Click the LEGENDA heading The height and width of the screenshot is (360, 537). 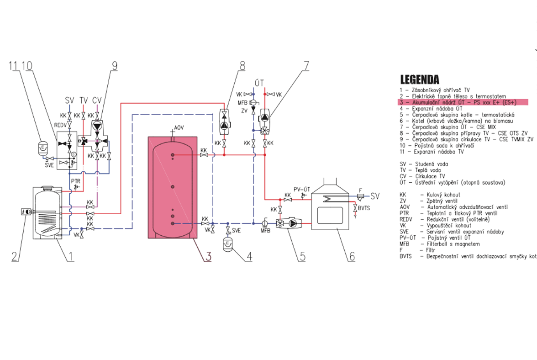[420, 80]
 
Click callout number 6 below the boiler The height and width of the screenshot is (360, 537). [351, 256]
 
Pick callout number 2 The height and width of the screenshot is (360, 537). [15, 256]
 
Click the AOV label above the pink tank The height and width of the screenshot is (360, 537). [179, 128]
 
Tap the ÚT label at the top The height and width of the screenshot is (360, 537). [259, 83]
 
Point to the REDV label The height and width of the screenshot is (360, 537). [60, 124]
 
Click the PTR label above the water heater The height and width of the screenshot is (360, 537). [76, 181]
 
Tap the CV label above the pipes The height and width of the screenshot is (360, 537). [97, 100]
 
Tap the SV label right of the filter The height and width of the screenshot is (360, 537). [374, 196]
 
